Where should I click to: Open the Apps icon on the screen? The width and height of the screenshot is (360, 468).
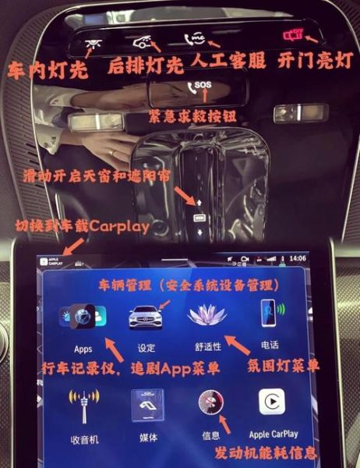pyautogui.click(x=82, y=320)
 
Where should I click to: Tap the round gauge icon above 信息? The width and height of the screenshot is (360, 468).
pyautogui.click(x=210, y=405)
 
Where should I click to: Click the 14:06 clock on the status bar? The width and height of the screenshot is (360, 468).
pyautogui.click(x=297, y=257)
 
